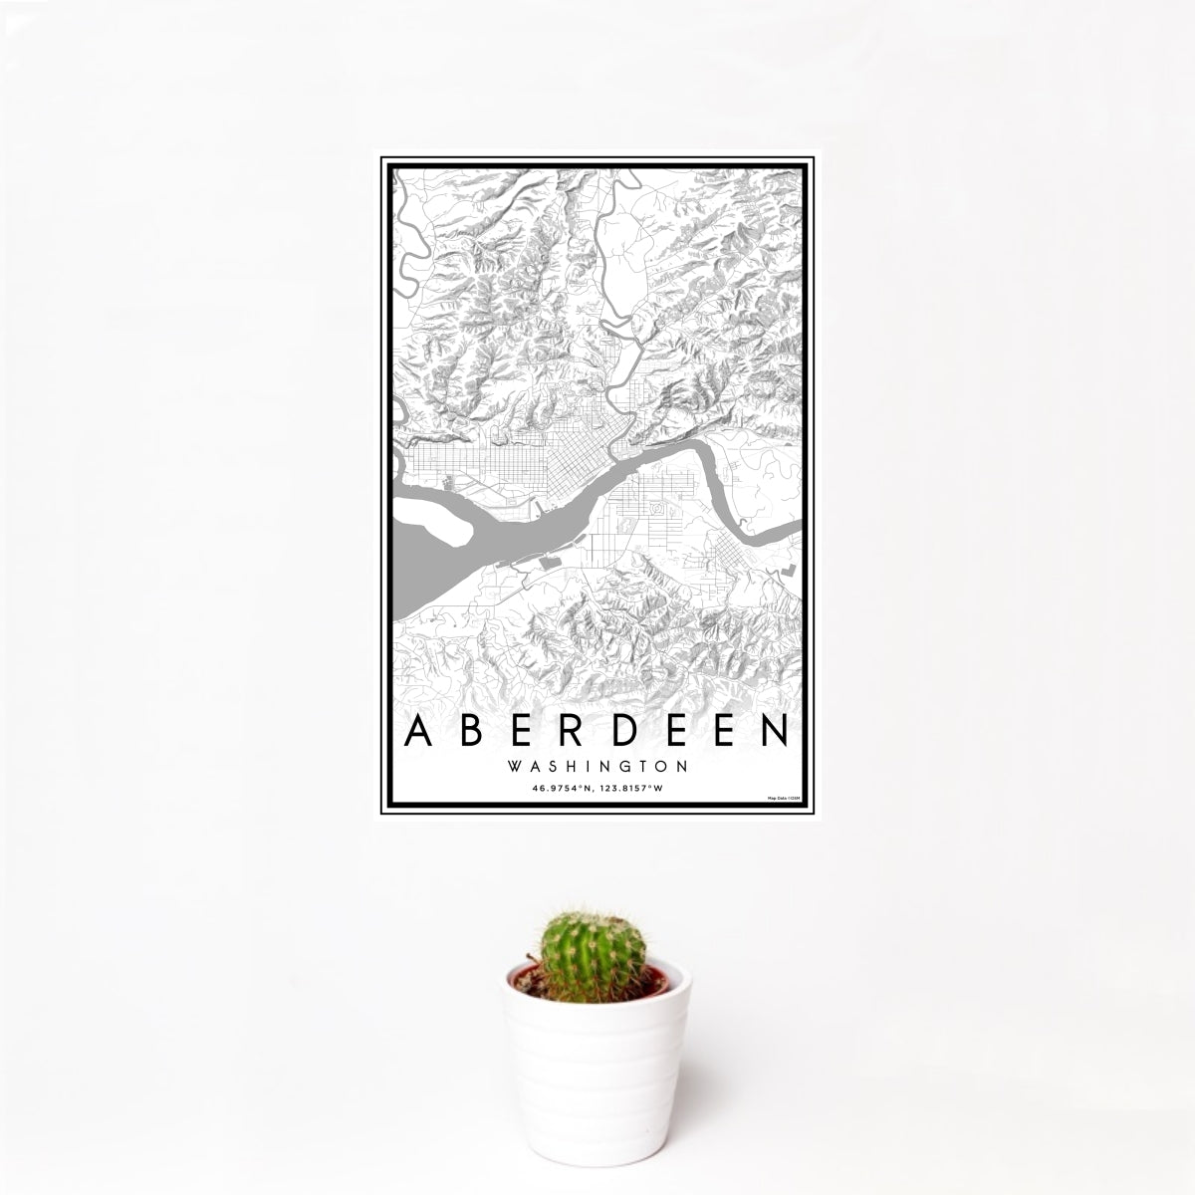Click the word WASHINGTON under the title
point(597,768)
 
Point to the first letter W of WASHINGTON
point(513,768)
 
